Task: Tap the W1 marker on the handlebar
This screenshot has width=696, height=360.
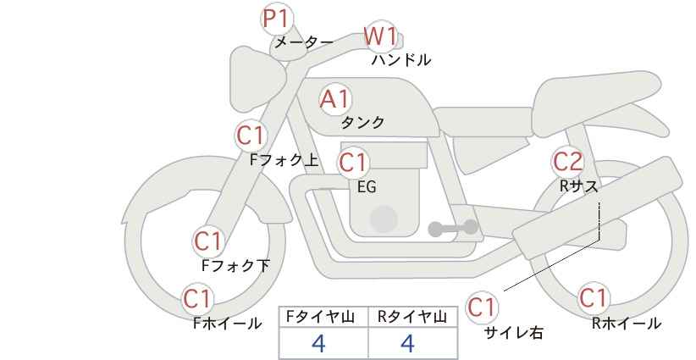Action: (380, 37)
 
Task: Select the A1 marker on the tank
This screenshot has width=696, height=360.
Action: (334, 99)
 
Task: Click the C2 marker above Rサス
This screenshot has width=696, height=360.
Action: (567, 161)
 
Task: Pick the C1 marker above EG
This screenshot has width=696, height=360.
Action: (353, 162)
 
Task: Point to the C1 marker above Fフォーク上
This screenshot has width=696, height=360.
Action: (251, 135)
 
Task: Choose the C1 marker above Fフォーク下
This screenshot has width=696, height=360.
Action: (207, 241)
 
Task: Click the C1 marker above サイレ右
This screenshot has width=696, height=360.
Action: (483, 307)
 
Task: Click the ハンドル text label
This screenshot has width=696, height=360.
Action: (401, 60)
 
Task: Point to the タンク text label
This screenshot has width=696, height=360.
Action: (362, 123)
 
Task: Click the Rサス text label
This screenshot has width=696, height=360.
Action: (578, 186)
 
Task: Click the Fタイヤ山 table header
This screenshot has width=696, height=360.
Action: (323, 316)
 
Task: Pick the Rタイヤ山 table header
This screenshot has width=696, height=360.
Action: (412, 316)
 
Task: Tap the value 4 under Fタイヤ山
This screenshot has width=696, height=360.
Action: (319, 343)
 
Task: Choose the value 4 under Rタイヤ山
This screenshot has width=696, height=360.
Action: (407, 343)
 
